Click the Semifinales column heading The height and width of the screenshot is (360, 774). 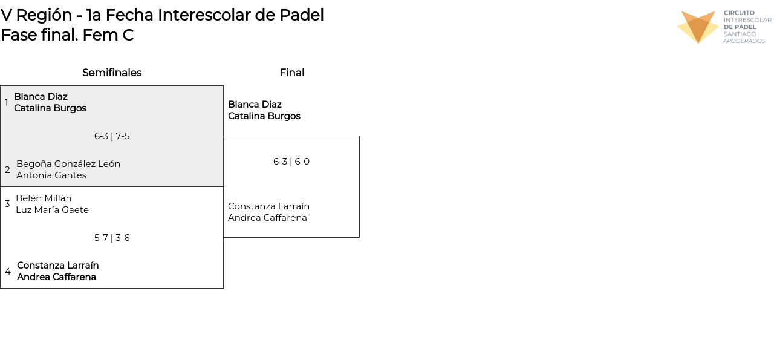tap(112, 73)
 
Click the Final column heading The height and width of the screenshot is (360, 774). tap(291, 73)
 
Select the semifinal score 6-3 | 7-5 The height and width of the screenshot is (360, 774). tap(112, 136)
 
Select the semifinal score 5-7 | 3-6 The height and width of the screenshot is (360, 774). tap(112, 238)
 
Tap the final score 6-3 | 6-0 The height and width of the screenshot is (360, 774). tap(291, 162)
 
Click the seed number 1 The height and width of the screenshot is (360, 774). tap(7, 102)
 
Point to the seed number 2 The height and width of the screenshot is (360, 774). tap(7, 170)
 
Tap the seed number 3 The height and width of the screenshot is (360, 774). tap(7, 204)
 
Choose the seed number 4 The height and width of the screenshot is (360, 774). tap(8, 272)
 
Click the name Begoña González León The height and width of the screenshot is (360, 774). tap(68, 164)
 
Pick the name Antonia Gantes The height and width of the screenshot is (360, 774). tap(51, 175)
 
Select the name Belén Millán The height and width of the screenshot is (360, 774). tap(44, 198)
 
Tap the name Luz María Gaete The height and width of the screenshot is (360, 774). tap(52, 210)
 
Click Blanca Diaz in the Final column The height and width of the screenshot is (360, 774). tap(255, 105)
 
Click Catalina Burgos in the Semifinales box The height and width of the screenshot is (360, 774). tap(50, 108)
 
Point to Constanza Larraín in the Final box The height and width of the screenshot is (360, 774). tap(268, 206)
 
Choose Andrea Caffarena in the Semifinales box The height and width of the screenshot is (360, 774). tap(56, 277)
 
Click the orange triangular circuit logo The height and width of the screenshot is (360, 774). tap(698, 27)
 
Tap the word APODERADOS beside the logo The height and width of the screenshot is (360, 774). tap(744, 41)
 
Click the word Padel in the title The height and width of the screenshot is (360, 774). tap(301, 15)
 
